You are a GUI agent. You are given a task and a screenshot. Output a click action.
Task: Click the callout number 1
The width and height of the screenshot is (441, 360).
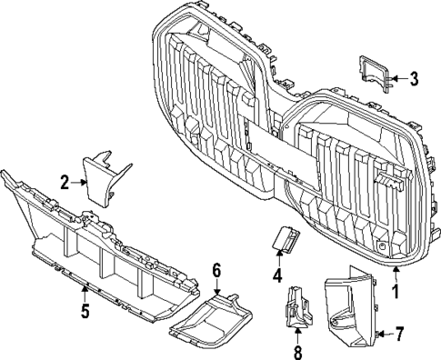point(395,292)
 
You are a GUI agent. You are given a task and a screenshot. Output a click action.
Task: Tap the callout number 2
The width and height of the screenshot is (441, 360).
point(64,182)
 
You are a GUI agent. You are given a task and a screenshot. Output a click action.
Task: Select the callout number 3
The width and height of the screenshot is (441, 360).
point(414,79)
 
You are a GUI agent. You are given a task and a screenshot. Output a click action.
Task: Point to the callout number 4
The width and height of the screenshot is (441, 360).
point(276,274)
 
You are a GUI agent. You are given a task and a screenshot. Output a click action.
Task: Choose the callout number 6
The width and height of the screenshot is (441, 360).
point(216,269)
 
